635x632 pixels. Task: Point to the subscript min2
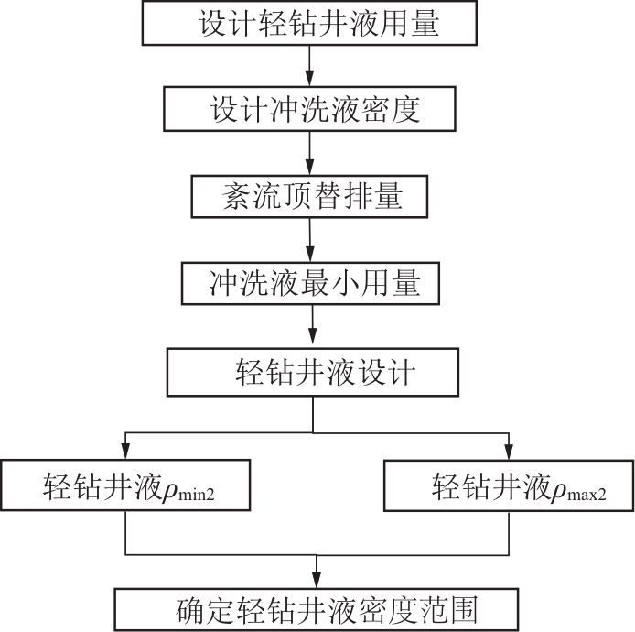click(196, 495)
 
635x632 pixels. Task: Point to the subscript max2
click(587, 495)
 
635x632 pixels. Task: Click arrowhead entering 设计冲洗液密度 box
click(310, 79)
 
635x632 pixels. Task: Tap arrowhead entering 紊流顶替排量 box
click(310, 168)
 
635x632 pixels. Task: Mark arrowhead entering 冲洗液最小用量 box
click(310, 255)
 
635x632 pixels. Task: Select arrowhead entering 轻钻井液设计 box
click(313, 341)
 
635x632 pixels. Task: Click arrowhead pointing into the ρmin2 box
click(125, 452)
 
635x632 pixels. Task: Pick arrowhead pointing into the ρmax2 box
click(509, 452)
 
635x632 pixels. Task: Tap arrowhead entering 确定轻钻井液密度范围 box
click(317, 581)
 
